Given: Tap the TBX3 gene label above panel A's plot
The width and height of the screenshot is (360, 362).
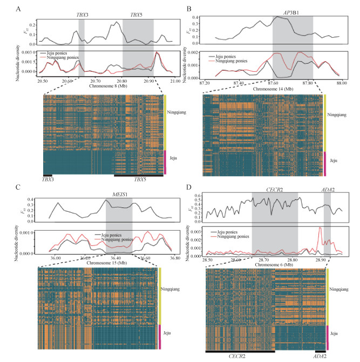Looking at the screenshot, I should click(81, 15).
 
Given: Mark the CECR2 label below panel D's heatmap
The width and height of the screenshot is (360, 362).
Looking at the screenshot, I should click(240, 358).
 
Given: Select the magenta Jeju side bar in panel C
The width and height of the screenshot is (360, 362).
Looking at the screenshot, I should click(160, 337).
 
